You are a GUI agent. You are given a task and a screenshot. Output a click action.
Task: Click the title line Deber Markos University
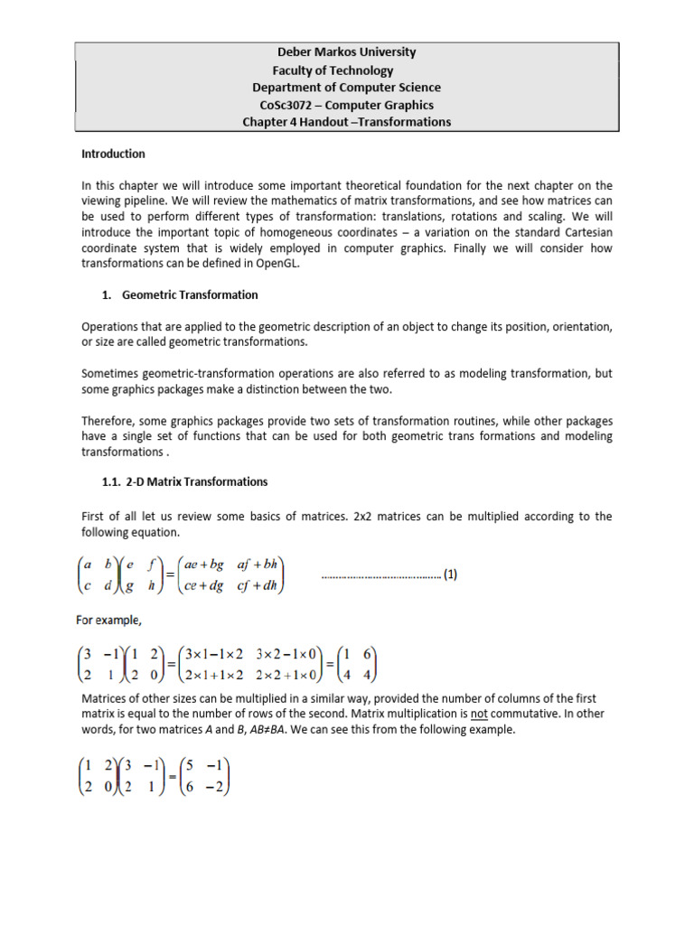pyautogui.click(x=346, y=52)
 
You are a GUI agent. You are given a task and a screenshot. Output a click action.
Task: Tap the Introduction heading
pyautogui.click(x=113, y=154)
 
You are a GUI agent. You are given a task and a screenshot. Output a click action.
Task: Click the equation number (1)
pyautogui.click(x=450, y=574)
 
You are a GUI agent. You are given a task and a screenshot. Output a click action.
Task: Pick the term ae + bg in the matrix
pyautogui.click(x=197, y=565)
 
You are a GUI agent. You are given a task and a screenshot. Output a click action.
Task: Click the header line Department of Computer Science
pyautogui.click(x=346, y=88)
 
